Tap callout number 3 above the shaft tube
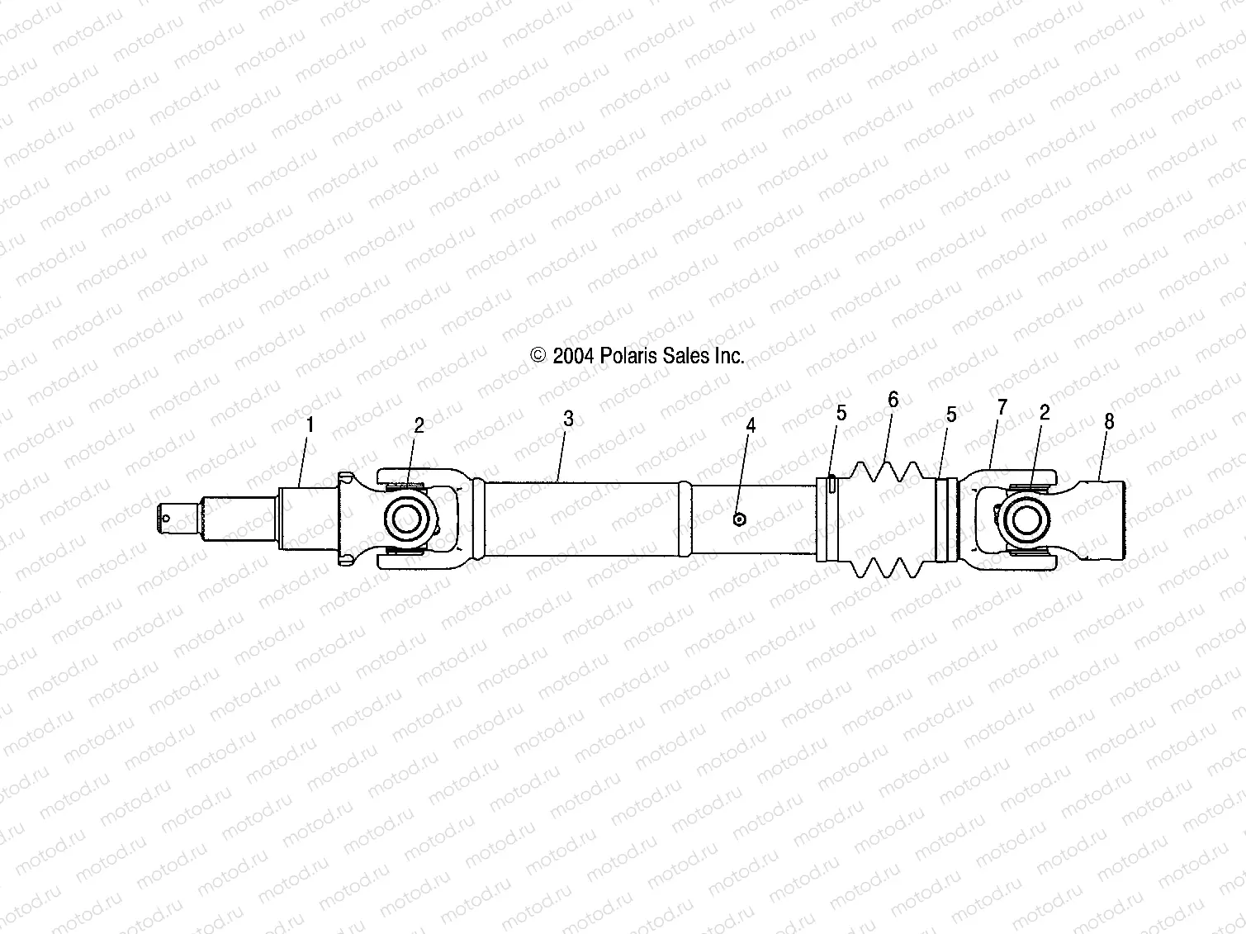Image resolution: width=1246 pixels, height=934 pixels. [568, 419]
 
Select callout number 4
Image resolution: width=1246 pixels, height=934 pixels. [751, 425]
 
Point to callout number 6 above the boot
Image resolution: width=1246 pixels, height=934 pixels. [893, 400]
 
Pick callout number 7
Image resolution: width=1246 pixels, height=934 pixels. [1002, 406]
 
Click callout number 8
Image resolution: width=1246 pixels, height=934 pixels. [1109, 422]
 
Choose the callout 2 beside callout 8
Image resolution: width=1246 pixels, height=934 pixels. [1045, 413]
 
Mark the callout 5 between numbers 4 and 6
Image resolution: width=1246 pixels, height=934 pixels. [841, 413]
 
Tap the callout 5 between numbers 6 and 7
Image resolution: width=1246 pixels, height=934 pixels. [951, 415]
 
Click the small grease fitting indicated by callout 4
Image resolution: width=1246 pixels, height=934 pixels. [740, 519]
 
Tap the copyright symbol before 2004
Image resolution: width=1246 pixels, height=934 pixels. [538, 356]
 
